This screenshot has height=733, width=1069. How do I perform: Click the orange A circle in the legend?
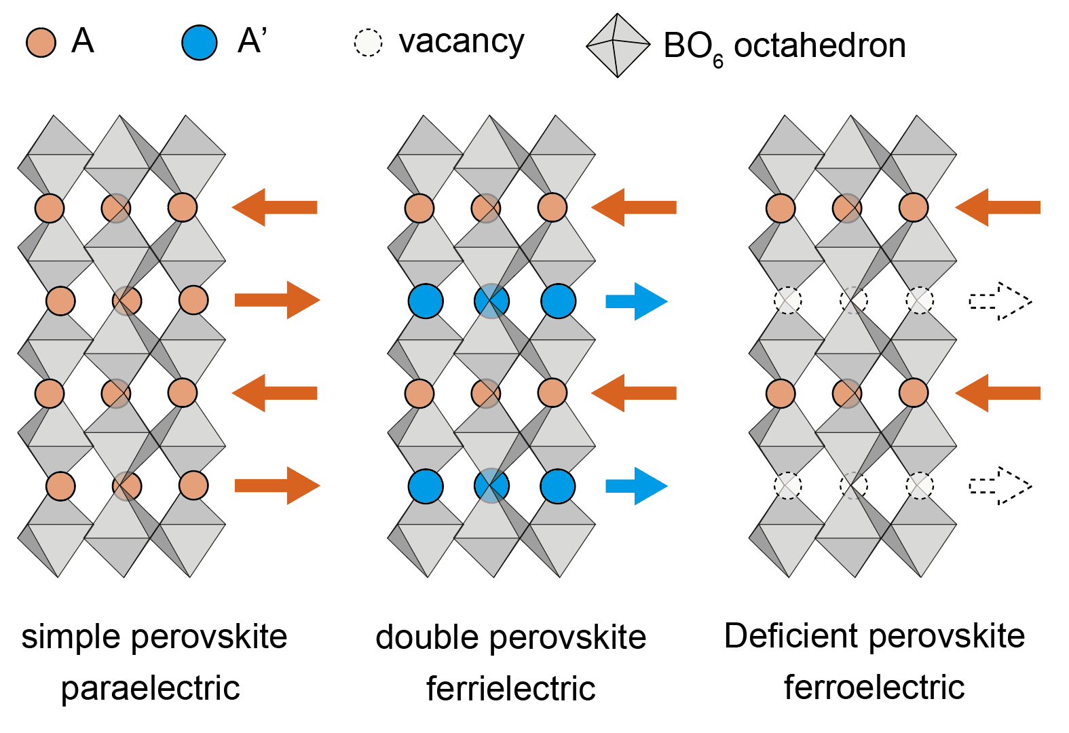click(41, 42)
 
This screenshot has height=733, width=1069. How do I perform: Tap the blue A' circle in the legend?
click(199, 42)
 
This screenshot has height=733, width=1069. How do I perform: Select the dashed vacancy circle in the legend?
click(368, 43)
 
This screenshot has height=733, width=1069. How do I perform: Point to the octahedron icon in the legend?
click(618, 45)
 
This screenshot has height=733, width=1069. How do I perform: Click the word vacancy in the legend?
click(462, 42)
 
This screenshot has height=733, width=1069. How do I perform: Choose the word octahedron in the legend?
click(820, 45)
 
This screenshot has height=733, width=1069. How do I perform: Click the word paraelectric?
click(150, 688)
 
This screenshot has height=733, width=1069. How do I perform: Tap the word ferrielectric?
click(510, 688)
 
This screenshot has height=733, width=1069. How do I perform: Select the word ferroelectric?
click(874, 687)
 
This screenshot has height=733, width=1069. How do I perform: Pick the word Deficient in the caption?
click(791, 636)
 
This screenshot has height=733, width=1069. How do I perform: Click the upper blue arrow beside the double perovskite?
click(636, 301)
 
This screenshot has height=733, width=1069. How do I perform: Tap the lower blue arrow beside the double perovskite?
click(636, 486)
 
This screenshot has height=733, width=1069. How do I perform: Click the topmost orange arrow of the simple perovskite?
click(275, 208)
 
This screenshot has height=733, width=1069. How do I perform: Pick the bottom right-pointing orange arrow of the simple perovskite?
click(277, 485)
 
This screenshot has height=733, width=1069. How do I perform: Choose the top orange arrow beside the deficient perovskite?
click(998, 208)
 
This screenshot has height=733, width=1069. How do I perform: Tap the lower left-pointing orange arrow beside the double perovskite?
click(634, 393)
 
